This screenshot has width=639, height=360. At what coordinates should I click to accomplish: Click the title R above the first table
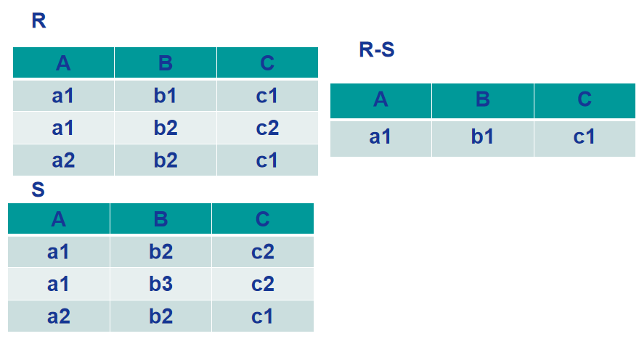[x=38, y=21]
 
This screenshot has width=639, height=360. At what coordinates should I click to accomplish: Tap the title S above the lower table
[x=38, y=189]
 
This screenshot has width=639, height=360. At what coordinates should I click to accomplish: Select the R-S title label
[x=377, y=49]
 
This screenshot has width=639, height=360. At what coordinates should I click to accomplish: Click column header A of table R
[x=63, y=62]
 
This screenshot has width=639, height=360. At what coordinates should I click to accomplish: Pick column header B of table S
[x=160, y=219]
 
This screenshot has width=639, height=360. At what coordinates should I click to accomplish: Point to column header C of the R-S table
[x=585, y=99]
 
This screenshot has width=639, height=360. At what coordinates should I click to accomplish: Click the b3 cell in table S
[x=160, y=284]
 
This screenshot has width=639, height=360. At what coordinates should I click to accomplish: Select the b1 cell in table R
[x=166, y=96]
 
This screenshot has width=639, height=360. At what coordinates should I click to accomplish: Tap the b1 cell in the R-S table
[x=482, y=137]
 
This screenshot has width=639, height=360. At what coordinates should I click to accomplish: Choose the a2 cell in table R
[x=63, y=160]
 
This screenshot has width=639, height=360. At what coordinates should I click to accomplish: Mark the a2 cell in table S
[x=59, y=316]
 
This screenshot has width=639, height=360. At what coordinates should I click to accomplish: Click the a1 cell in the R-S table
[x=380, y=137]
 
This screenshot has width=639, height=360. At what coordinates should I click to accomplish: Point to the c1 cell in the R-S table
[x=585, y=137]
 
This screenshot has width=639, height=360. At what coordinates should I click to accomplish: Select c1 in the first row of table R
[x=267, y=96]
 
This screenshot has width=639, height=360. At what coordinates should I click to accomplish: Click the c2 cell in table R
[x=267, y=128]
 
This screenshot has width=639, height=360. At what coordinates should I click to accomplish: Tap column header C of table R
[x=267, y=62]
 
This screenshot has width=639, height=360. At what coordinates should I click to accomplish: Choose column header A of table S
[x=59, y=219]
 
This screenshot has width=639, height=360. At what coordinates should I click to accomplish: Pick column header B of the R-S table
[x=482, y=99]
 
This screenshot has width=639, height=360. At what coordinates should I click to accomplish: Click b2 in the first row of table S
[x=160, y=252]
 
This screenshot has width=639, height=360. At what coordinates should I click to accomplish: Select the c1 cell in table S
[x=262, y=316]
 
